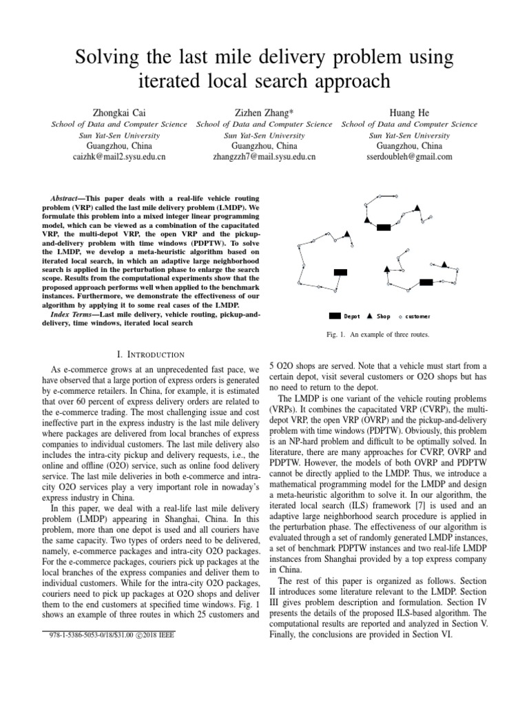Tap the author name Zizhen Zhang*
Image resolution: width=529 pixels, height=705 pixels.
pyautogui.click(x=264, y=111)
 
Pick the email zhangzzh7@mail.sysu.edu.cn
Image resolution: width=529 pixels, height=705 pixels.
pyautogui.click(x=264, y=157)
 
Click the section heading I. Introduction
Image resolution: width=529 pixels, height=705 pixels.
pyautogui.click(x=151, y=355)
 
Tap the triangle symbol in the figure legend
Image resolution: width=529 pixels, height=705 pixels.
pyautogui.click(x=369, y=317)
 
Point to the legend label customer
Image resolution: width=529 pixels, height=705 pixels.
pyautogui.click(x=418, y=317)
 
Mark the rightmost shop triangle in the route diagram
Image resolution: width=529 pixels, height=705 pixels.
pyautogui.click(x=444, y=265)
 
